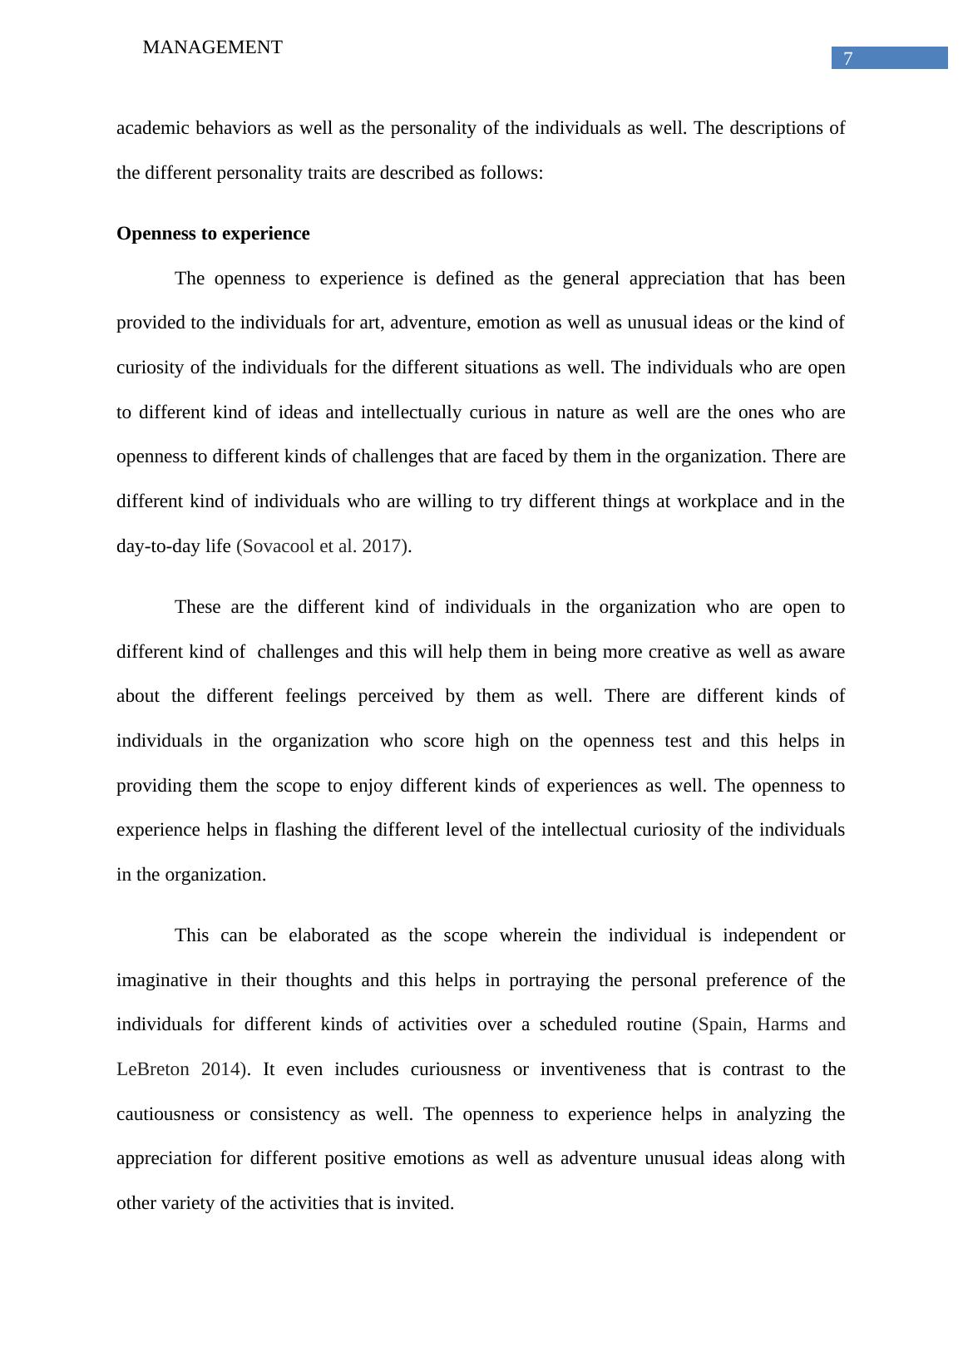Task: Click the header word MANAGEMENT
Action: pyautogui.click(x=212, y=47)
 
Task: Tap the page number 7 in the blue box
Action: pyautogui.click(x=847, y=58)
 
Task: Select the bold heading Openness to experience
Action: pyautogui.click(x=213, y=234)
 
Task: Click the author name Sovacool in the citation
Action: pyautogui.click(x=279, y=546)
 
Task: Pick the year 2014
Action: pyautogui.click(x=221, y=1069)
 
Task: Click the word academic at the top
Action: pyautogui.click(x=151, y=128)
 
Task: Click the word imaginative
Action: pyautogui.click(x=161, y=980)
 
